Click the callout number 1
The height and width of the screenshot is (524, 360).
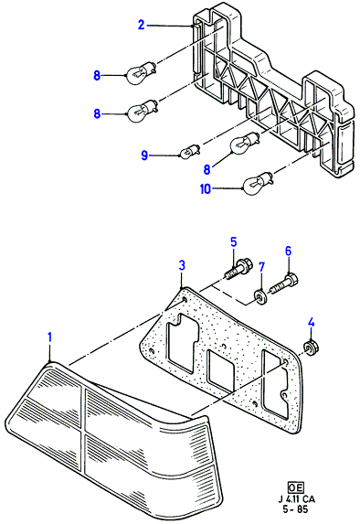pyautogui.click(x=49, y=337)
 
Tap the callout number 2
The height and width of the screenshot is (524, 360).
pyautogui.click(x=142, y=25)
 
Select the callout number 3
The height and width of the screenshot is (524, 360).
pyautogui.click(x=181, y=266)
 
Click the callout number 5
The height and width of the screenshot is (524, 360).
pyautogui.click(x=233, y=242)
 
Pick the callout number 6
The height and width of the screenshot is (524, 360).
pyautogui.click(x=288, y=251)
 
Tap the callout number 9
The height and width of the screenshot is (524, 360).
pyautogui.click(x=144, y=155)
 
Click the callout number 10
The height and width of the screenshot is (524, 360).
pyautogui.click(x=206, y=189)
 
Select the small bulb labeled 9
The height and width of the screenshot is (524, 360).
pyautogui.click(x=189, y=151)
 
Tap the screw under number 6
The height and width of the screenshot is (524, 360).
pyautogui.click(x=285, y=283)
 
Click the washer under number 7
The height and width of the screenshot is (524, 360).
pyautogui.click(x=260, y=297)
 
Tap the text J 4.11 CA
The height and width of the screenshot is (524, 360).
pyautogui.click(x=296, y=499)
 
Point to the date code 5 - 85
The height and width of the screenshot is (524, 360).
pyautogui.click(x=296, y=510)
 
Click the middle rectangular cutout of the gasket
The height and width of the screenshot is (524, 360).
pyautogui.click(x=221, y=369)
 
